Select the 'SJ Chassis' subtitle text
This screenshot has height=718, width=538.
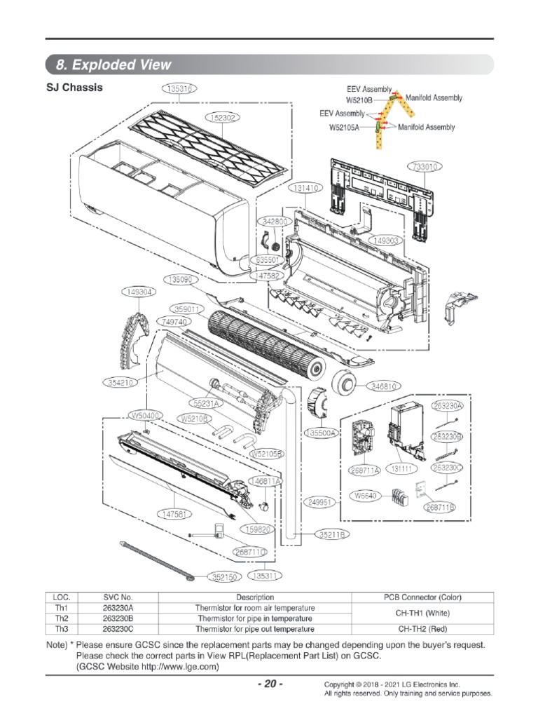click(x=74, y=88)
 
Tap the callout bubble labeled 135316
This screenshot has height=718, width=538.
click(x=181, y=88)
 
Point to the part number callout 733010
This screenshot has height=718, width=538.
click(x=425, y=167)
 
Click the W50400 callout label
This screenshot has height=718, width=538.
click(x=146, y=415)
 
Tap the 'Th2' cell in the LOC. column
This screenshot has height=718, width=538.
click(x=62, y=618)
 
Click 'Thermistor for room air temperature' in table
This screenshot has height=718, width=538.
click(x=256, y=607)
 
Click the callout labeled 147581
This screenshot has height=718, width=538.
click(x=176, y=514)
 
